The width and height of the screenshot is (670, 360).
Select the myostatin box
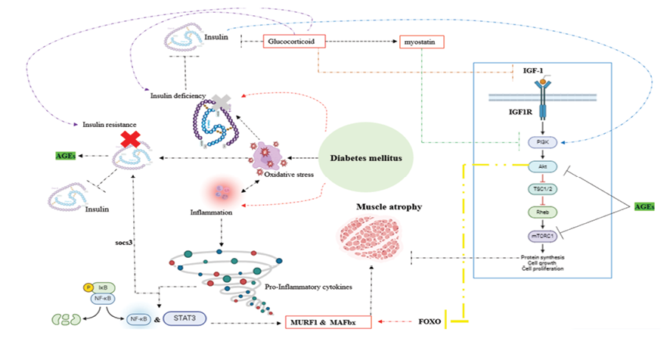[x=420, y=42]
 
